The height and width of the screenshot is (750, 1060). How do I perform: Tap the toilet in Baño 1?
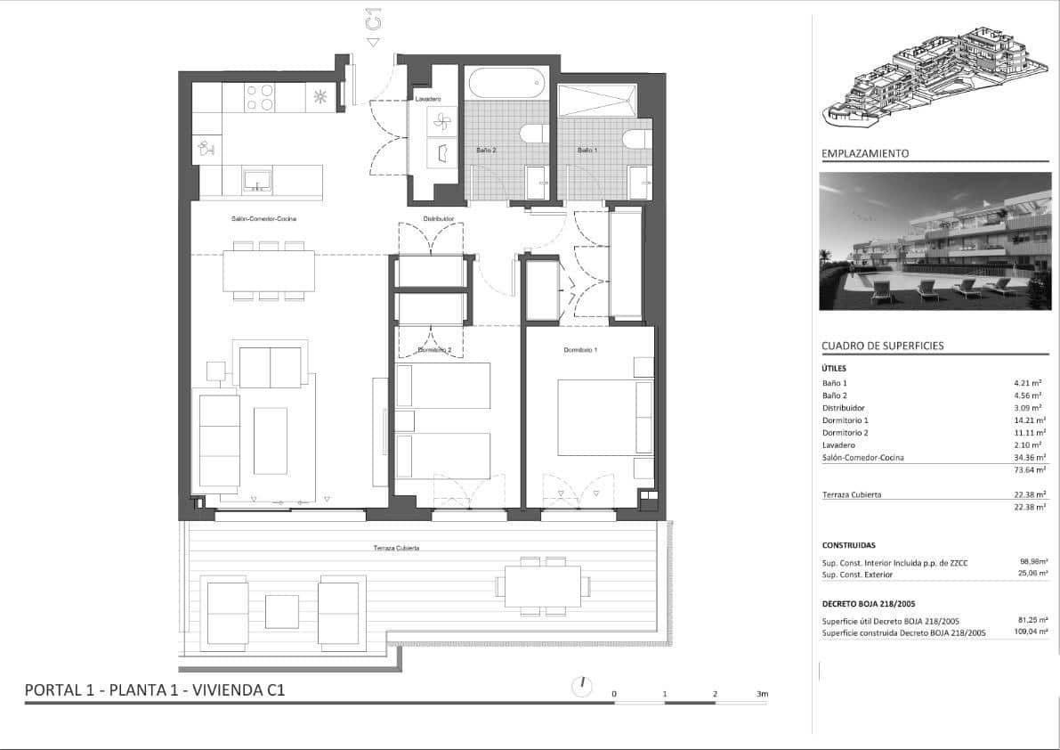click(x=636, y=140)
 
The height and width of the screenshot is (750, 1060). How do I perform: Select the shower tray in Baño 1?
click(x=597, y=99)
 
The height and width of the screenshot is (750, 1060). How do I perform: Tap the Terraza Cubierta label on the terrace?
click(x=396, y=548)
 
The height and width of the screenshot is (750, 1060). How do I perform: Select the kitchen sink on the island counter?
click(x=258, y=181)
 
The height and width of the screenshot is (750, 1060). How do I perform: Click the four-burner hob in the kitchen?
click(x=260, y=97)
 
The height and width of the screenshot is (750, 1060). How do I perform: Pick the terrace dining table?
click(x=542, y=586)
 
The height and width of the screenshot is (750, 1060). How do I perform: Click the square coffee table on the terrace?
click(x=282, y=611)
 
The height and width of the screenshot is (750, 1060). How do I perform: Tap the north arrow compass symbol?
click(x=581, y=686)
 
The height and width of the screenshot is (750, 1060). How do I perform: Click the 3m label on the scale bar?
click(x=761, y=693)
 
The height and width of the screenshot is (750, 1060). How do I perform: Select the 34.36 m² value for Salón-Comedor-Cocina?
click(x=1032, y=457)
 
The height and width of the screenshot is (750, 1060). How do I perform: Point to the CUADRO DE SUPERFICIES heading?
click(x=882, y=346)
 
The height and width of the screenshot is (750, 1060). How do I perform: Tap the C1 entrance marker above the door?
click(x=374, y=20)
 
